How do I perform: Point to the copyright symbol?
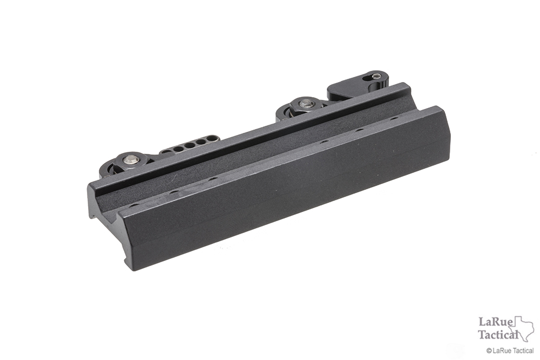click(x=489, y=351)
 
